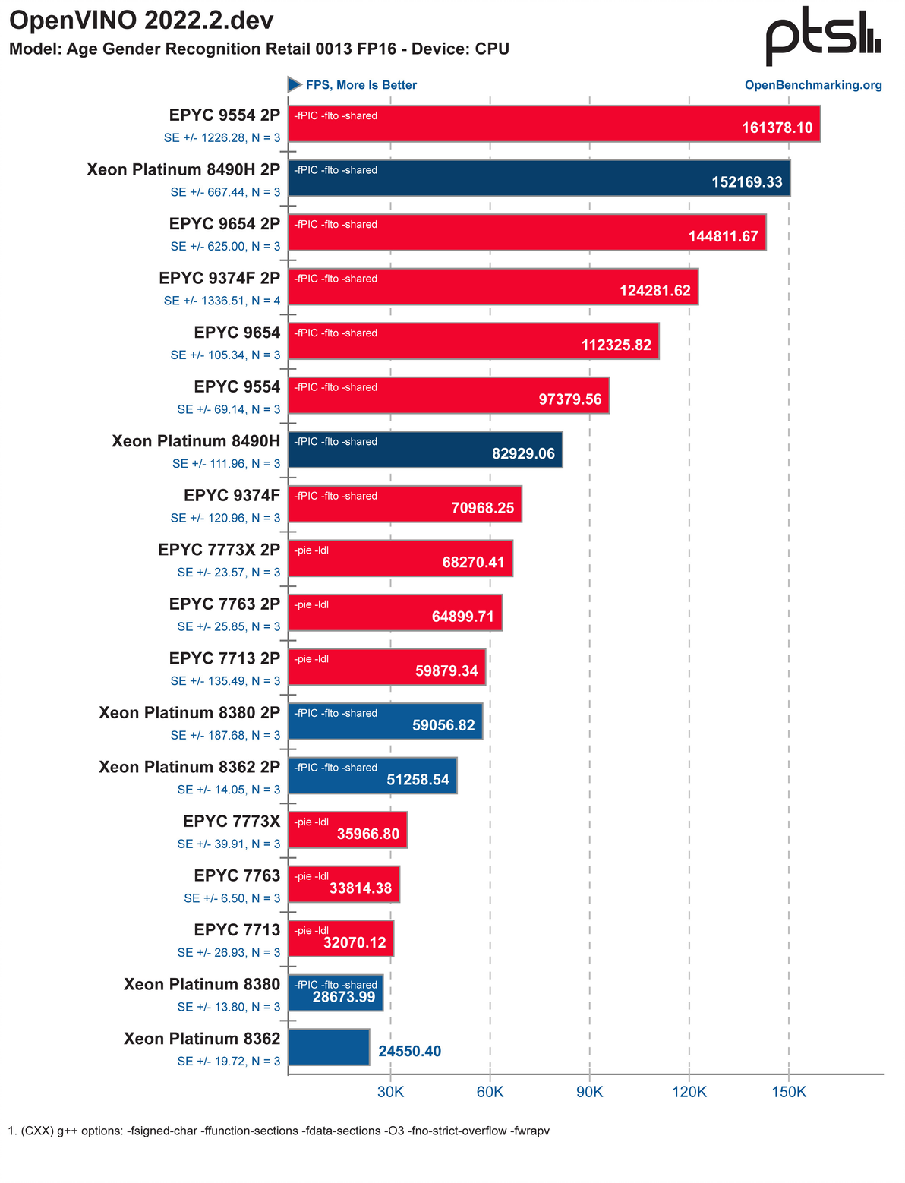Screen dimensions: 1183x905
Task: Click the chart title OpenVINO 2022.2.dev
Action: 141,21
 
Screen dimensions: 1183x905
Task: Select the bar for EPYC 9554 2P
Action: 554,124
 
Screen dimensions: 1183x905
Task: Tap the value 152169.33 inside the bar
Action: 746,182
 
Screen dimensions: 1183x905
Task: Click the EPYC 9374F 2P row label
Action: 219,278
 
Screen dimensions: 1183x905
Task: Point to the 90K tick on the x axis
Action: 590,1092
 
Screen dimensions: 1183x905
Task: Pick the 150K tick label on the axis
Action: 789,1092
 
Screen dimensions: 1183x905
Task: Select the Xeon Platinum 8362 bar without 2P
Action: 329,1047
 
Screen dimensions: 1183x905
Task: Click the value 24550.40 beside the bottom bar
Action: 409,1051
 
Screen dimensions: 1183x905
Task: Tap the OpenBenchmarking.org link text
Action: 813,85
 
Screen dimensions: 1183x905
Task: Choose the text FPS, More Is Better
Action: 361,85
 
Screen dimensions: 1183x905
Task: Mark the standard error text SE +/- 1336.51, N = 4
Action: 222,301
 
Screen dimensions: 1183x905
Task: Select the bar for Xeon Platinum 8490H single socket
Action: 425,450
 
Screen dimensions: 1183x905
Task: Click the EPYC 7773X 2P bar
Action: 400,558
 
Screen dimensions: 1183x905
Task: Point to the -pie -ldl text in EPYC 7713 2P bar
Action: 311,659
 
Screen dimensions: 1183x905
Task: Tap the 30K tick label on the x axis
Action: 391,1092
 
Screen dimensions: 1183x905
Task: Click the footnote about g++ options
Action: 279,1131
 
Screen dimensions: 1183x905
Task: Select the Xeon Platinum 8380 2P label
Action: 189,712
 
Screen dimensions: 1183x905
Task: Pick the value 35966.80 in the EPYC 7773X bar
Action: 367,834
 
